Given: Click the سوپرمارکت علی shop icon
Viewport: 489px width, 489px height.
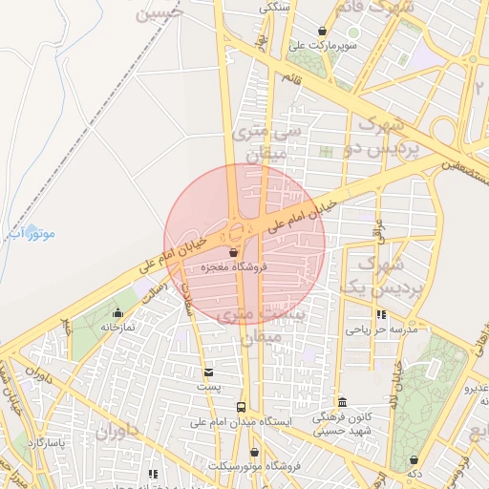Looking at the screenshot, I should coord(323,31).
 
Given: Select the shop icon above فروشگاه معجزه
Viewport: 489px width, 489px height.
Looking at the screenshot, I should coord(234,253).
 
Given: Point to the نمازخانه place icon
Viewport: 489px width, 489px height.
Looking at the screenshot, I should coord(117,312).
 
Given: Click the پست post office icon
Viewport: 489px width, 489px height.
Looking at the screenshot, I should coord(208,372).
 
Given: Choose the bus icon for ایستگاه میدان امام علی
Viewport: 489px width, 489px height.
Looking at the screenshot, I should coord(241,407).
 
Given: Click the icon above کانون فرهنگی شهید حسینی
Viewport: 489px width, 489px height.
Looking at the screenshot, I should coord(343,403).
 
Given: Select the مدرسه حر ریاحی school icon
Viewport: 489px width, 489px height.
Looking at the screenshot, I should coord(382,314).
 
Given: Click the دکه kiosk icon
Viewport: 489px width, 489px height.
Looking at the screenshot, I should coord(414,459).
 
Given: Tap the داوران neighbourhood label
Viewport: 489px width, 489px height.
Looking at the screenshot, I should coord(117,434).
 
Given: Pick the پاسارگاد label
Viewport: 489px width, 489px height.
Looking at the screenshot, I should coord(44,442).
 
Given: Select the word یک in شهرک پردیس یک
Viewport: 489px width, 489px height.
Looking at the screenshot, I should coord(354,287).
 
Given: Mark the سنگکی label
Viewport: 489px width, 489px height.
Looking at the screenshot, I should coord(273,7).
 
